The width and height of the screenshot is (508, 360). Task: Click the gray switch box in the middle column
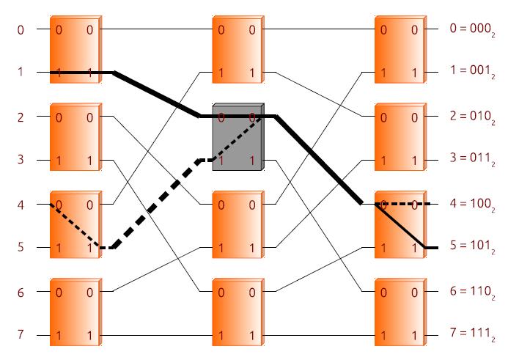point(238,137)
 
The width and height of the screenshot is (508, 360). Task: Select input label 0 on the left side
point(21,30)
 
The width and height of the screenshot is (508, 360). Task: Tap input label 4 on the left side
point(21,205)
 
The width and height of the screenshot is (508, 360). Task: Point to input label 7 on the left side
point(21,334)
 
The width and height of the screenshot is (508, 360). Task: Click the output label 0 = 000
point(472,29)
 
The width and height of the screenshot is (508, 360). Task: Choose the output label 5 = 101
point(472,246)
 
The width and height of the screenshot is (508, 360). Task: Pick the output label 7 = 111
point(472,334)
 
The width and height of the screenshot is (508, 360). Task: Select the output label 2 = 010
point(472,117)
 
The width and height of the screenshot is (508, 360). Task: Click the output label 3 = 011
point(472,158)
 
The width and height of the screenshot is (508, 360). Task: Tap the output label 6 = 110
point(472,292)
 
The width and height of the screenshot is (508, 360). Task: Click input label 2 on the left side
point(21,117)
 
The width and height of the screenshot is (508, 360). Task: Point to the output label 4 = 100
point(472,205)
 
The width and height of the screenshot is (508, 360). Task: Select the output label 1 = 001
point(472,71)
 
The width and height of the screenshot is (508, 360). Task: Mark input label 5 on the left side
point(21,247)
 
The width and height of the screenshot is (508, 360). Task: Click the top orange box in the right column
point(400,49)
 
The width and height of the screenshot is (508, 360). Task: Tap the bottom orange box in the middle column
point(238,312)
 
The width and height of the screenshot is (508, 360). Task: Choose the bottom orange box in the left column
point(76,312)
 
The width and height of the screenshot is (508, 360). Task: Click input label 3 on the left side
point(21,159)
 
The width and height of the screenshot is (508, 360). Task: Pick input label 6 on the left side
point(21,293)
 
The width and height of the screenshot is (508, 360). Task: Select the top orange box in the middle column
point(238,49)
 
